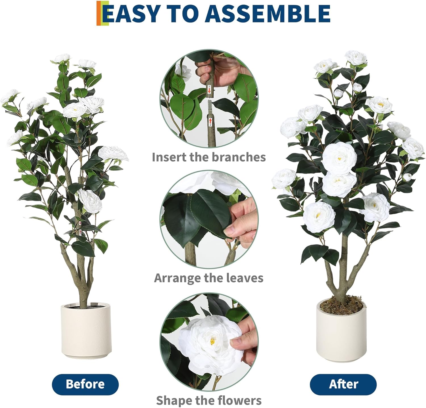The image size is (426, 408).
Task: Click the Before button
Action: pos(85,384)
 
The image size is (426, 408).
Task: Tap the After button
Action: pos(343,384)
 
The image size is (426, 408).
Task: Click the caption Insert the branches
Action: pos(209,157)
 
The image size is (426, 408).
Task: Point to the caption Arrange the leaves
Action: pos(209,278)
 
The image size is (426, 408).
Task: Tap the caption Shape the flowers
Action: pos(209,400)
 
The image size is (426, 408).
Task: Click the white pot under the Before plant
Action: pos(86,331)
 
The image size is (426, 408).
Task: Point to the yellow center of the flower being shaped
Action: pos(212,342)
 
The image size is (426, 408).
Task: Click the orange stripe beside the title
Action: pos(99,13)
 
